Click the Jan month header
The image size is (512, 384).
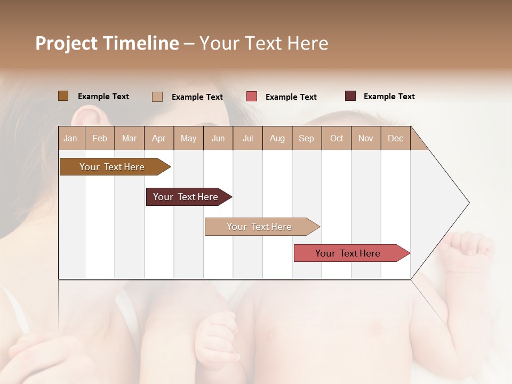[71, 138]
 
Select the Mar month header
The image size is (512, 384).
[129, 138]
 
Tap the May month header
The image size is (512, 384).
[188, 138]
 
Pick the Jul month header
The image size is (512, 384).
[247, 138]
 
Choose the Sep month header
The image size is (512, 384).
[306, 138]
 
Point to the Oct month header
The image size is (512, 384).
[337, 138]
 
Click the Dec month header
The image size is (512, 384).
[395, 138]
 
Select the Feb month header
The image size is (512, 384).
[100, 138]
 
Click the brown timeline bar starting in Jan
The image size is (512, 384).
[113, 167]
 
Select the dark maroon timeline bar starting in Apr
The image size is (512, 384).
[186, 197]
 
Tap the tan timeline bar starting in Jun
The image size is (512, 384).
[260, 227]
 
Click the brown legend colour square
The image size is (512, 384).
[63, 96]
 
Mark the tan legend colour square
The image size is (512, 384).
[157, 97]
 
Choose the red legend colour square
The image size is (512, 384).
[252, 97]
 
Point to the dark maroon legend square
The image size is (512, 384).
[350, 96]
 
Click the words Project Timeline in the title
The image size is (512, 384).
[107, 43]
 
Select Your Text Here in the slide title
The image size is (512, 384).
[263, 43]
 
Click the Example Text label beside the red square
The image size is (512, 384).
[291, 97]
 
